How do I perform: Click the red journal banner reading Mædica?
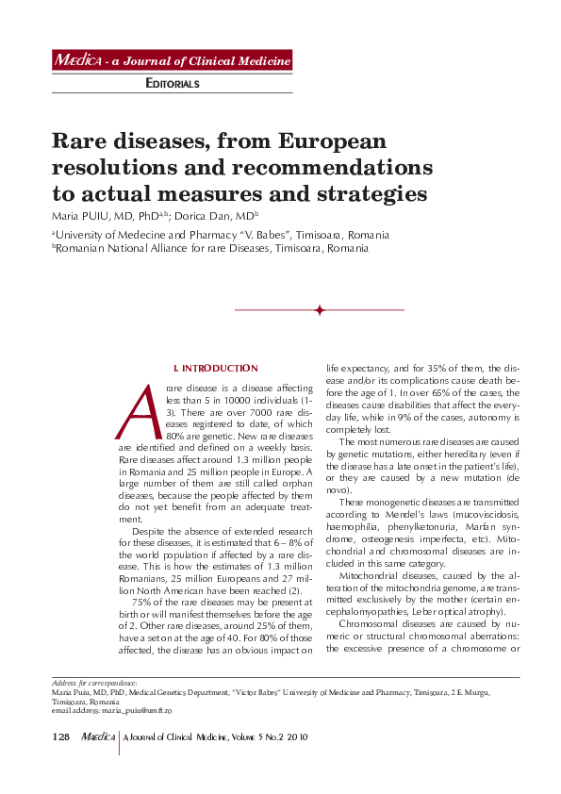[x=172, y=61]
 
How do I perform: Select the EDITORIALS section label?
[x=173, y=84]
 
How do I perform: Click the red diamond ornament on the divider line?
[x=320, y=309]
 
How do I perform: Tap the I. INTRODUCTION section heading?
[x=216, y=368]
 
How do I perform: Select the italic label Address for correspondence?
[x=93, y=683]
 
